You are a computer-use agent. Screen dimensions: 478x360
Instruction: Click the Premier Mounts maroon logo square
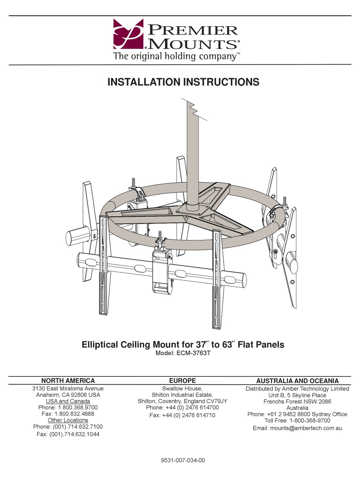128,34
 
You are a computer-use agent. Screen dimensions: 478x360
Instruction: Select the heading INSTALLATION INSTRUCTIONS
183,82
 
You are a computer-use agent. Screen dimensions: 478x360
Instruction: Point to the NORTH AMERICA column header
68,381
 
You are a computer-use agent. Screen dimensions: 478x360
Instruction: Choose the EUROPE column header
182,381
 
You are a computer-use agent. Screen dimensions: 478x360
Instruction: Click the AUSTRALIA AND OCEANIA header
297,381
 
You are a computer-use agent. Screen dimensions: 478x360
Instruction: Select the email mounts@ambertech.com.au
297,428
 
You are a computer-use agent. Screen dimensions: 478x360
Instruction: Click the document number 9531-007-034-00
183,461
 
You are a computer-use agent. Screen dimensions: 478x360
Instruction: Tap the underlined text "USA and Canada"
68,401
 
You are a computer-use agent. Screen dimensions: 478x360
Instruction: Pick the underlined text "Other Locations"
68,420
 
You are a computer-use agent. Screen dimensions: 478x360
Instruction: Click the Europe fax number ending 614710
182,415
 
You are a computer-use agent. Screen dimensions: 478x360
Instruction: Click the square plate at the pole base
195,208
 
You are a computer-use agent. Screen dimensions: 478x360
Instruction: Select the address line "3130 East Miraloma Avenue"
68,388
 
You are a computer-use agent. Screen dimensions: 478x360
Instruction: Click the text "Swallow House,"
182,388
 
